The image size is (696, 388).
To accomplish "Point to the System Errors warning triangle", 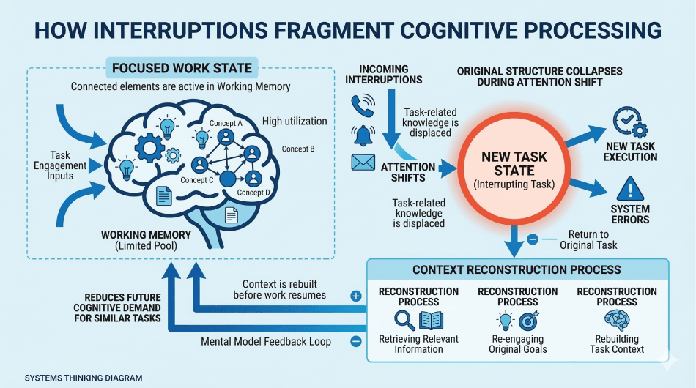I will [x=629, y=191].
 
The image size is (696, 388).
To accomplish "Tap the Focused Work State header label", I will [x=181, y=69].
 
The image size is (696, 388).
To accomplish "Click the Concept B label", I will [x=298, y=149].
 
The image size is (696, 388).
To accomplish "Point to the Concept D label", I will [x=253, y=193].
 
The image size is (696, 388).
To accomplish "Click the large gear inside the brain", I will [x=149, y=149].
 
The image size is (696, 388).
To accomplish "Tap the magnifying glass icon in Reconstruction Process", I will [x=404, y=321].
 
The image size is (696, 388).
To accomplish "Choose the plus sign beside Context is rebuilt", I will [x=356, y=296].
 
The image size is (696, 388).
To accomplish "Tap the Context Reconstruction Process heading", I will [x=517, y=269].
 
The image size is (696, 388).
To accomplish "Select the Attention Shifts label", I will [x=408, y=172].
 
